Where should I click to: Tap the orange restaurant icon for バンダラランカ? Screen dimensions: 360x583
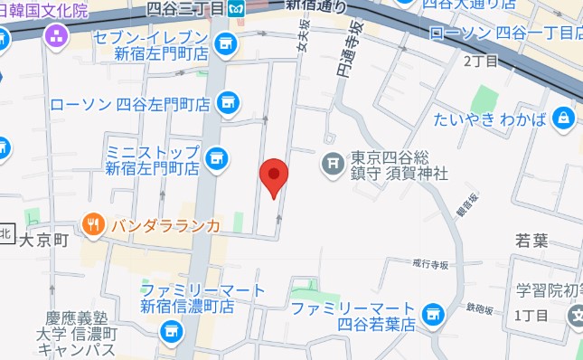click(x=92, y=223)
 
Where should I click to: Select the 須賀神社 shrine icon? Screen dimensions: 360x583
click(x=333, y=164)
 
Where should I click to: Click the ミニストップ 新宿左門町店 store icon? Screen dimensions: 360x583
click(x=215, y=158)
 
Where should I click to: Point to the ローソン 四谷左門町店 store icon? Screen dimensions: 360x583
click(x=227, y=101)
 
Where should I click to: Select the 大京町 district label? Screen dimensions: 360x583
click(x=44, y=241)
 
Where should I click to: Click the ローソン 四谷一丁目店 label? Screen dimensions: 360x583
click(x=505, y=33)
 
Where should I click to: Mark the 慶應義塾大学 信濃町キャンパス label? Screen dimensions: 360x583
click(x=80, y=334)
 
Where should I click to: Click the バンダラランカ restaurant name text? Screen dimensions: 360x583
click(x=166, y=225)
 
